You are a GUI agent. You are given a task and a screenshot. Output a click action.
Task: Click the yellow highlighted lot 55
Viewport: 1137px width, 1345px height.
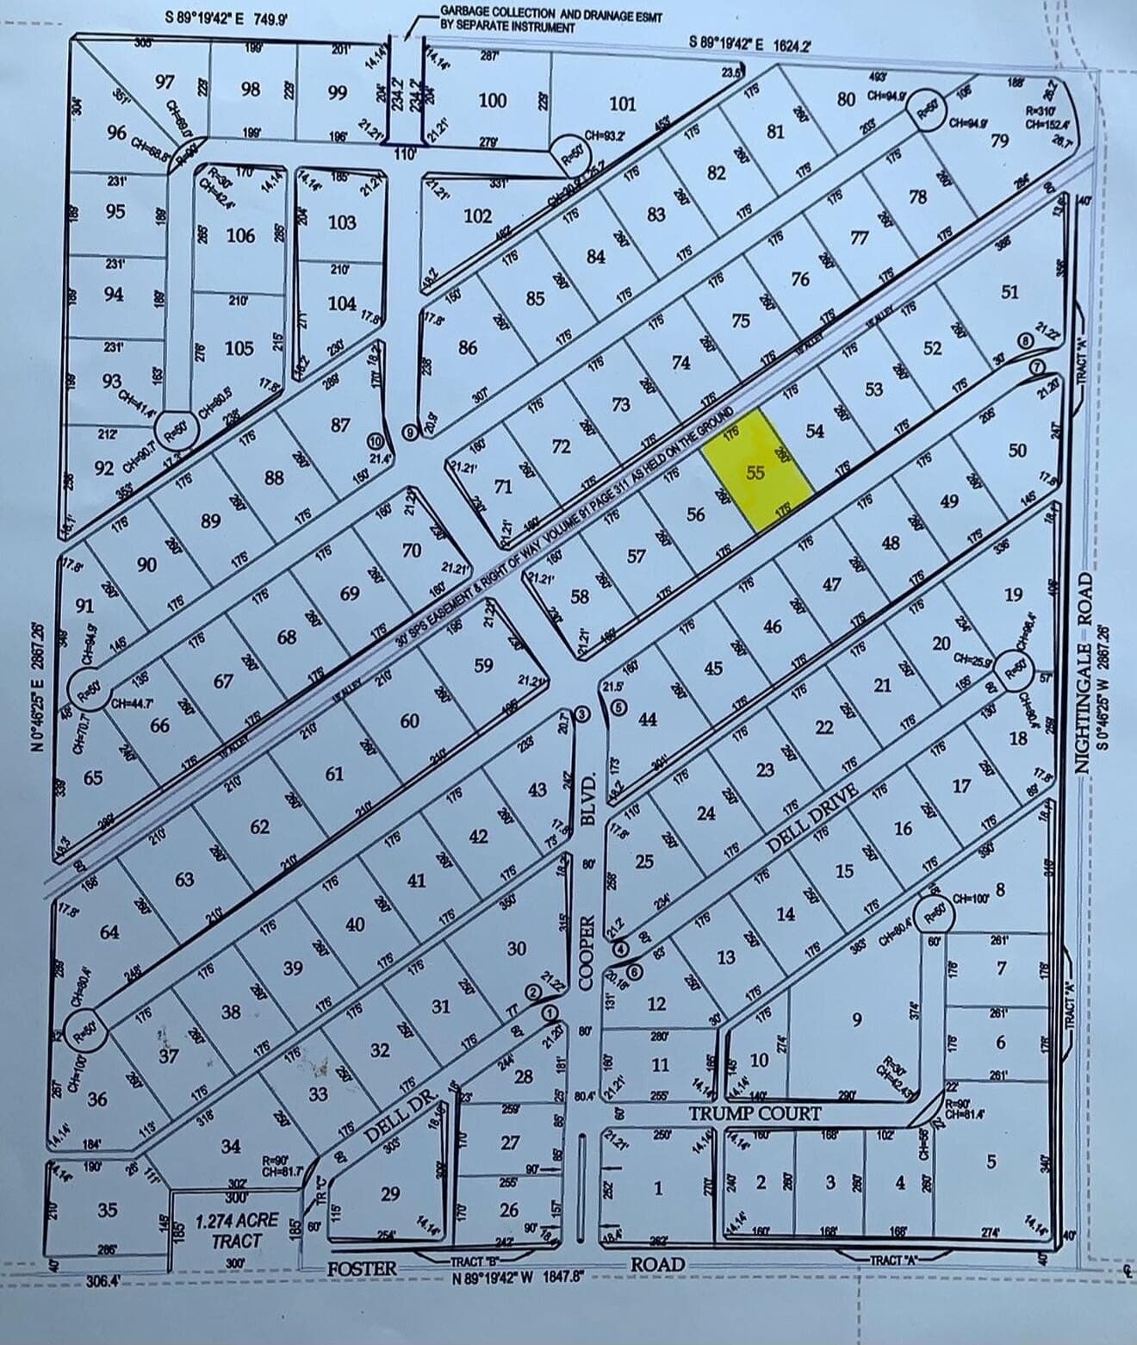(x=756, y=471)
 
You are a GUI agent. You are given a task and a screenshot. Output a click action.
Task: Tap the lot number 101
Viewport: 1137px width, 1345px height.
(x=622, y=104)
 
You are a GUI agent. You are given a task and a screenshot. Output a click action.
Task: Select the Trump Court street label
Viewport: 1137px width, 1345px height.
(x=755, y=1114)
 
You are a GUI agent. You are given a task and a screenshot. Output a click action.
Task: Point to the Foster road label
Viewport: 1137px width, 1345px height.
(x=363, y=1268)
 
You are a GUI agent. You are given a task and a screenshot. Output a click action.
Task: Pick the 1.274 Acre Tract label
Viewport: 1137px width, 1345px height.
(x=236, y=1230)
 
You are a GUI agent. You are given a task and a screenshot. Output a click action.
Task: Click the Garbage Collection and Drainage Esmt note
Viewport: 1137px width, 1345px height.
(x=550, y=18)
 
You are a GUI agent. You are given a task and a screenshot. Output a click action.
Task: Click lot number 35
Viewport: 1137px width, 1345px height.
(x=108, y=1210)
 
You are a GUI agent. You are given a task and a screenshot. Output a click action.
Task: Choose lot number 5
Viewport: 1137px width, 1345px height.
(x=991, y=1162)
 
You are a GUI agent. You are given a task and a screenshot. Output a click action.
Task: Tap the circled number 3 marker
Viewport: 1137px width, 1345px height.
(x=582, y=713)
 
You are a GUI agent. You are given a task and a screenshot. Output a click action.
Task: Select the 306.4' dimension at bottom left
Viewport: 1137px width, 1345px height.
(x=103, y=1281)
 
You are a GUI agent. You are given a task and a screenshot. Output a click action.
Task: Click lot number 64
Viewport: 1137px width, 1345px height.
(x=109, y=931)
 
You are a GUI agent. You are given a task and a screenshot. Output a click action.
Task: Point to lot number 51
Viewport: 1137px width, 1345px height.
(x=1010, y=292)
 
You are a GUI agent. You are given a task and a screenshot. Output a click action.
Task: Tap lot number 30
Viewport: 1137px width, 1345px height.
(x=516, y=949)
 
